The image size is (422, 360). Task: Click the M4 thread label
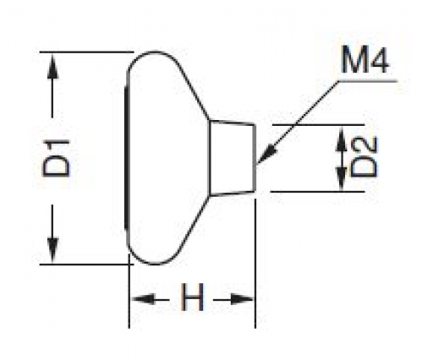[364, 60]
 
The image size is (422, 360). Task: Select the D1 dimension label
[56, 158]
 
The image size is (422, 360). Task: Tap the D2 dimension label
[364, 157]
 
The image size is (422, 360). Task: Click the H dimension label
[192, 297]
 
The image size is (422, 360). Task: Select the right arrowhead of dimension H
[242, 299]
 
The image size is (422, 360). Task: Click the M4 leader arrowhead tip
[257, 163]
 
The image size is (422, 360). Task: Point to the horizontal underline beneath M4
[368, 81]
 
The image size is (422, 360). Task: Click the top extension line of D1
[86, 52]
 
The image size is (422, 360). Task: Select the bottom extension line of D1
[86, 265]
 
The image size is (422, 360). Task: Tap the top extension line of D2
[318, 124]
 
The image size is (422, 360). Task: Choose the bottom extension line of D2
[317, 192]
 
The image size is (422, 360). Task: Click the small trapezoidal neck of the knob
[233, 158]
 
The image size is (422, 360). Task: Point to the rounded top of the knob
[155, 52]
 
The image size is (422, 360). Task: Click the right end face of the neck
[255, 158]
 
